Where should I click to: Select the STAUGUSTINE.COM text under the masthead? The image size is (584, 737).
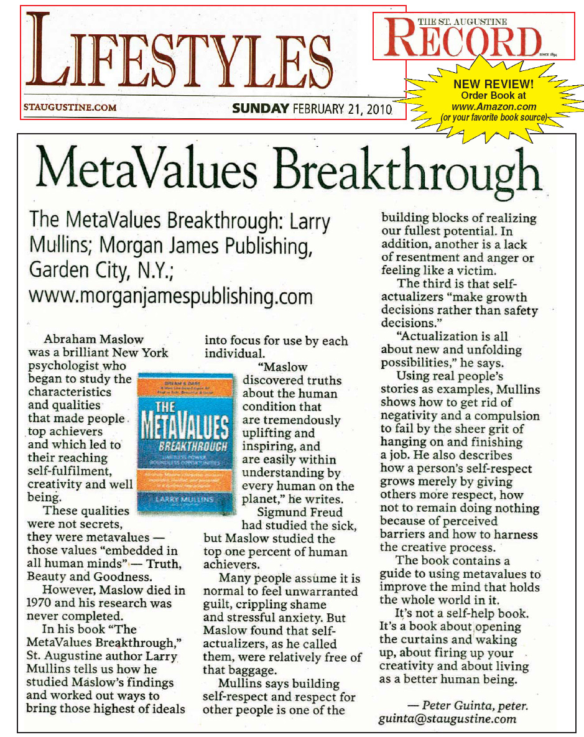click(70, 108)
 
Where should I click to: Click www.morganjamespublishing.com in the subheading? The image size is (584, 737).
click(171, 295)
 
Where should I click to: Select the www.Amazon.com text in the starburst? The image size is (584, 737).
click(493, 107)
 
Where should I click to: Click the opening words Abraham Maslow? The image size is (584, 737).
click(93, 340)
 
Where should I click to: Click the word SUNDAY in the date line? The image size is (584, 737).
click(261, 109)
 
